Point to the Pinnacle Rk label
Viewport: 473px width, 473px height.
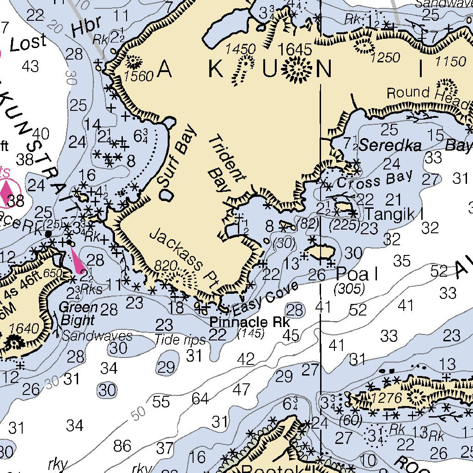[249, 322]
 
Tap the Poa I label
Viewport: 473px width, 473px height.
[357, 274]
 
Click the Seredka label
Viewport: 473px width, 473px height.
[390, 146]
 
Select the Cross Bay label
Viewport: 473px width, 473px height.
[374, 180]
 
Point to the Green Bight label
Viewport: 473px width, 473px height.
[79, 314]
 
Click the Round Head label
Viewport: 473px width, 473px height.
[428, 94]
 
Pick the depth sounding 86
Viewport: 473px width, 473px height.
[122, 446]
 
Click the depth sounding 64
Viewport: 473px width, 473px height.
[200, 398]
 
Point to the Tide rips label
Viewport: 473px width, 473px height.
[180, 340]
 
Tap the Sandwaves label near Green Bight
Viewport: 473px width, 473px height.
[97, 336]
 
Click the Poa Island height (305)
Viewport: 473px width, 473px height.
[349, 289]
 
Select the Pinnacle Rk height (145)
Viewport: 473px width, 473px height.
[250, 333]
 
